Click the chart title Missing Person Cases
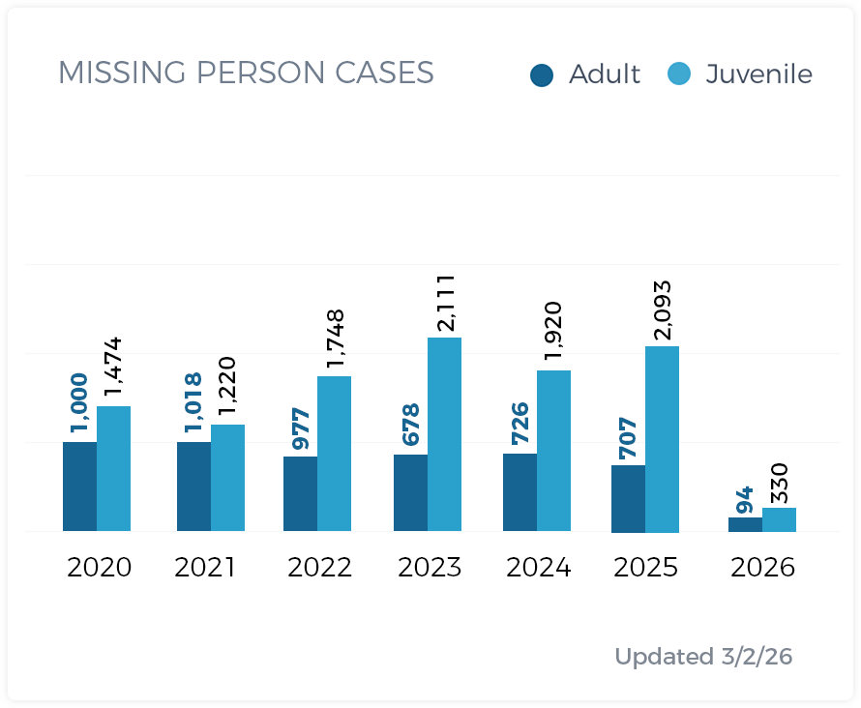tap(246, 73)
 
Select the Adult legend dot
tap(542, 74)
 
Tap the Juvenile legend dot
tap(680, 74)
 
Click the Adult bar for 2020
tap(79, 487)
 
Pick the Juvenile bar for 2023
tap(444, 434)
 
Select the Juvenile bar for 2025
tap(662, 439)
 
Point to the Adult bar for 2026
tap(745, 524)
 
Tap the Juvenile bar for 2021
tap(227, 478)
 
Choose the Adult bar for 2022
tap(300, 493)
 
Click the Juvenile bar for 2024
tap(553, 451)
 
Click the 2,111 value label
tap(445, 303)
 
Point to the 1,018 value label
tap(193, 401)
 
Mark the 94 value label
tap(745, 500)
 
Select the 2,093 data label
tap(663, 310)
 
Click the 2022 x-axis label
tap(319, 567)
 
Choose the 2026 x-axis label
tap(762, 567)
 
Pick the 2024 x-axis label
tap(539, 567)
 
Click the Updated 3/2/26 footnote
tap(703, 657)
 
